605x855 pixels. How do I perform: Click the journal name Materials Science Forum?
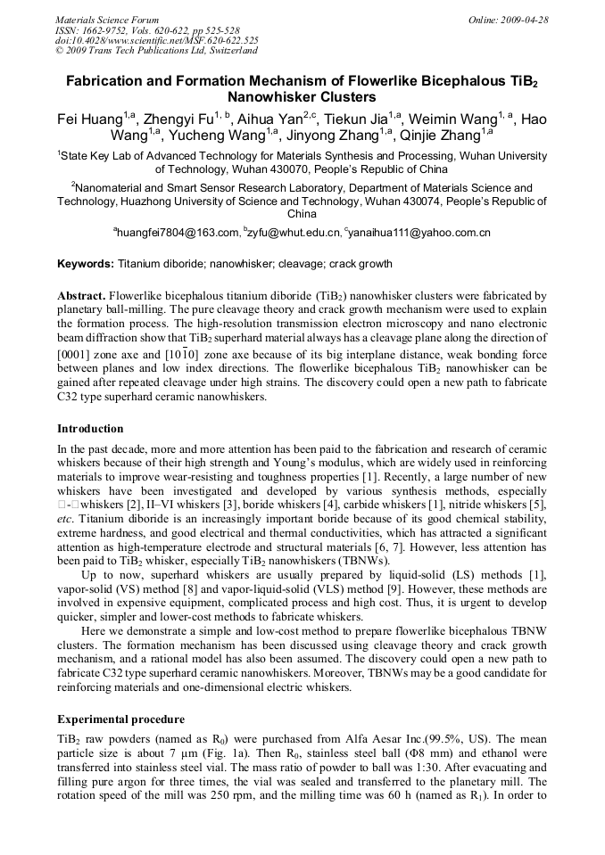pyautogui.click(x=107, y=20)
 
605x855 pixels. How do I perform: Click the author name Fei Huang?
pyautogui.click(x=83, y=119)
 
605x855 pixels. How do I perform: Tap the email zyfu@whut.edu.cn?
pyautogui.click(x=296, y=233)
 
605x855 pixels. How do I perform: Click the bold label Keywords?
pyautogui.click(x=86, y=264)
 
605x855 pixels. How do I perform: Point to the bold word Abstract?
pyautogui.click(x=81, y=294)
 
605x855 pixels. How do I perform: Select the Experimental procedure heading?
pyautogui.click(x=120, y=719)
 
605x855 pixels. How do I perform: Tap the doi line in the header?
pyautogui.click(x=157, y=40)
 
